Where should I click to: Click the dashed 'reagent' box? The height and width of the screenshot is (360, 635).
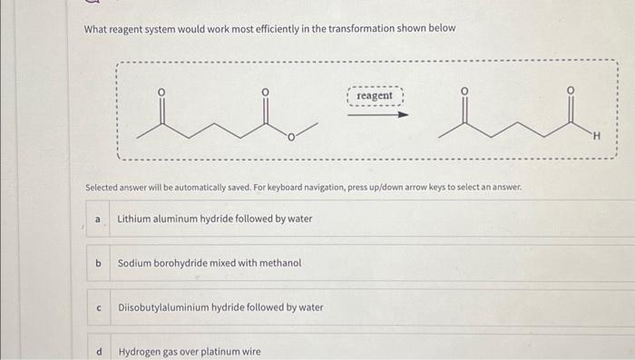tap(375, 95)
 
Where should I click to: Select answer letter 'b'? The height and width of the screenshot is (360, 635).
tap(99, 263)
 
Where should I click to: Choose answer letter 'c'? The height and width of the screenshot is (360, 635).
tap(99, 307)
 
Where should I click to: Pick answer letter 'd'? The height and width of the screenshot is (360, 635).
tap(99, 351)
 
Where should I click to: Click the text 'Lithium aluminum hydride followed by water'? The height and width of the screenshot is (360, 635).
tap(214, 219)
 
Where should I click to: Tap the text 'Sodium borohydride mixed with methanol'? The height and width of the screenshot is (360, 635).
tap(210, 263)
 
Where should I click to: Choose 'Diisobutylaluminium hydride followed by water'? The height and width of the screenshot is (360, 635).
tap(220, 307)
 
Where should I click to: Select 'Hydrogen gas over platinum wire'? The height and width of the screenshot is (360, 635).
tap(190, 351)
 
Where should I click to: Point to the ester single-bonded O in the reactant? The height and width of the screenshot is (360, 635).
tap(290, 138)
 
